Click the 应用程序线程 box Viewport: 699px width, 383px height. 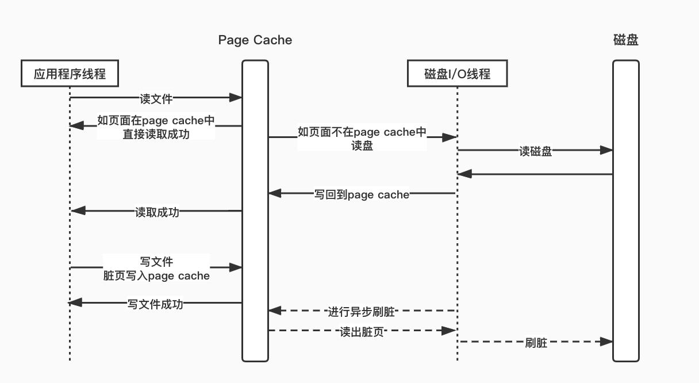tap(70, 74)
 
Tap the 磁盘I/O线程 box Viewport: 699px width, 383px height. tap(457, 74)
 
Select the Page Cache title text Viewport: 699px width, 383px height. tap(255, 40)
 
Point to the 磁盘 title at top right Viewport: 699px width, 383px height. tap(626, 40)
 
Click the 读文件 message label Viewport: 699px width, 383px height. tap(156, 99)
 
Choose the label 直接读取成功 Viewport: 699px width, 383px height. tap(156, 134)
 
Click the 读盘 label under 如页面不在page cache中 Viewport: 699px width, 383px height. tap(362, 146)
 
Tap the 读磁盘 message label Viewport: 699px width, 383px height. tap(535, 151)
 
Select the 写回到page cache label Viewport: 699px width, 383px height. tap(362, 194)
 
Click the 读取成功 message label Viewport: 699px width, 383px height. tap(157, 212)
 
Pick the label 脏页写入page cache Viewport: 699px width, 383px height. tap(156, 276)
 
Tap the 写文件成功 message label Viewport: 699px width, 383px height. tap(155, 304)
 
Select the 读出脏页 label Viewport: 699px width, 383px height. tap(362, 332)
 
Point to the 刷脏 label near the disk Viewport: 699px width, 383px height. tap(536, 343)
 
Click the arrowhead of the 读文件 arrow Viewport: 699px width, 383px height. tap(236, 98)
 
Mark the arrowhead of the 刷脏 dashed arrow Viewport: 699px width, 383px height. tap(606, 342)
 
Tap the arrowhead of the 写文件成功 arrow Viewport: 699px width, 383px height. tap(75, 302)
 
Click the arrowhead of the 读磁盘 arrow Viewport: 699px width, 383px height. tap(606, 150)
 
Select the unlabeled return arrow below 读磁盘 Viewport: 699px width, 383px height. tap(535, 174)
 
